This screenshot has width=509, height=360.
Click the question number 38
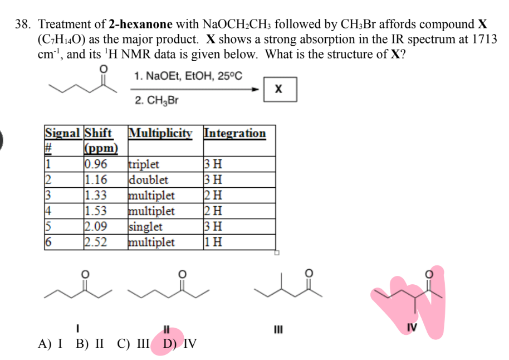pos(23,25)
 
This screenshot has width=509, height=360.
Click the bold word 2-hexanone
pos(140,25)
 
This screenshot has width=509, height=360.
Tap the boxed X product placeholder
pos(280,89)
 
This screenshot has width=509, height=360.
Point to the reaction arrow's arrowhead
pos(256,89)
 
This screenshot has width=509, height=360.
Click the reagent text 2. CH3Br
pos(156,100)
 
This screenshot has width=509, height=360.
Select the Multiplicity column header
pos(160,133)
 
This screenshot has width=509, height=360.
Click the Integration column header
pos(234,133)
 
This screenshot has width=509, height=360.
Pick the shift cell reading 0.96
pos(96,164)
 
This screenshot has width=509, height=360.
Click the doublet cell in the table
pos(148,179)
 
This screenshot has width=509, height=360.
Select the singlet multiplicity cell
pos(145,226)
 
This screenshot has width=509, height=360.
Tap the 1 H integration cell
pos(213,242)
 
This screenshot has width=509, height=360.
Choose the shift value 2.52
pos(96,242)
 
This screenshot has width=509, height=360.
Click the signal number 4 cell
pos(48,211)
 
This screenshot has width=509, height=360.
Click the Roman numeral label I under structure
pos(77,328)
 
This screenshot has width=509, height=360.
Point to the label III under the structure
pos(278,329)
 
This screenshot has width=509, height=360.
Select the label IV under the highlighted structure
pos(412,327)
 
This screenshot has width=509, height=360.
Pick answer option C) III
pos(133,343)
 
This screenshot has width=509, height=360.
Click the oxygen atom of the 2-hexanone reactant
pos(103,69)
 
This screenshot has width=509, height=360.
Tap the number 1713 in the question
pos(484,40)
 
